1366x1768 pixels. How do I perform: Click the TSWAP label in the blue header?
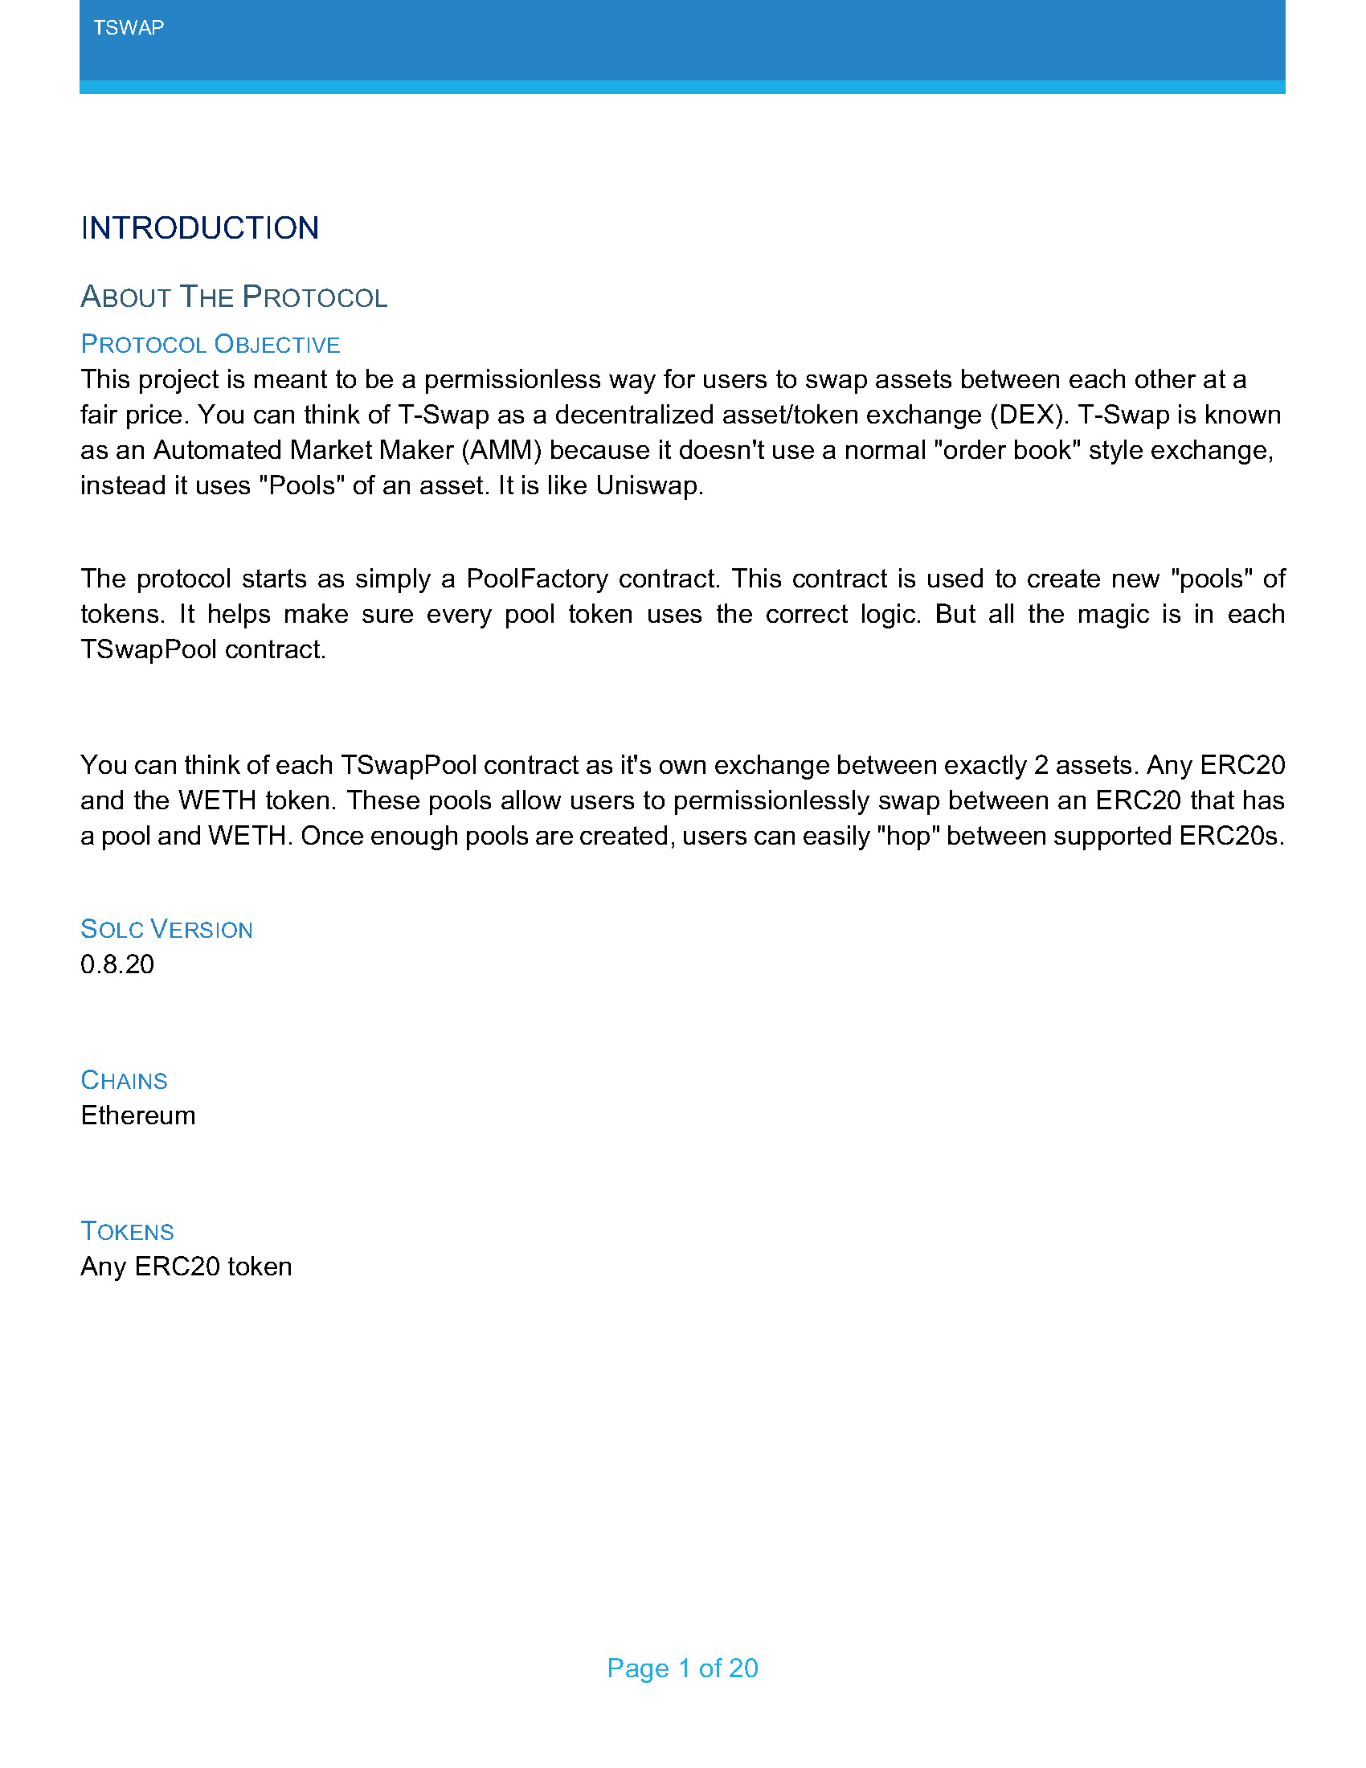click(x=128, y=27)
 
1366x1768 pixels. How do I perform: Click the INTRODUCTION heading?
click(x=199, y=228)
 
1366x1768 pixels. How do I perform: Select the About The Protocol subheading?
click(x=234, y=297)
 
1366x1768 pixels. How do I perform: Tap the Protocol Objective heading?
click(x=210, y=344)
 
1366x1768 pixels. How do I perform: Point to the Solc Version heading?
click(x=166, y=929)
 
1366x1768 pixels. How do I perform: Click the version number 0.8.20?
click(x=117, y=964)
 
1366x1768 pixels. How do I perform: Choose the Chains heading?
click(x=124, y=1080)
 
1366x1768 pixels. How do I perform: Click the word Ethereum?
click(x=137, y=1115)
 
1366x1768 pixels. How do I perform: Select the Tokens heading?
click(x=127, y=1231)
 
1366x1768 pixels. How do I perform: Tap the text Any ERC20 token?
click(x=186, y=1266)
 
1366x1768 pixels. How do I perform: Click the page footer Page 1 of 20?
click(x=682, y=1668)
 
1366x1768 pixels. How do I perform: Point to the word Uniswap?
click(x=649, y=485)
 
